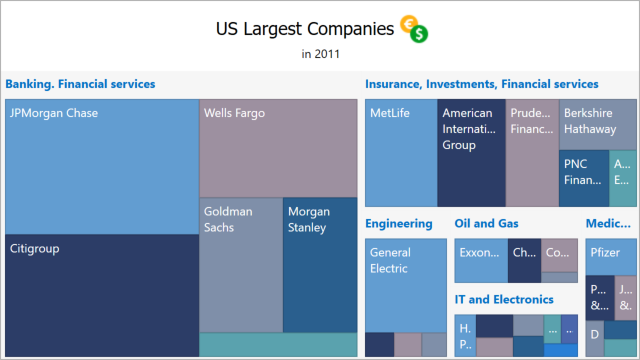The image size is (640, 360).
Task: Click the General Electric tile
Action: point(405,285)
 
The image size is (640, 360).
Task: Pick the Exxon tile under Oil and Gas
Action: point(481,254)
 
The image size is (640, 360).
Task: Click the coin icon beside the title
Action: point(414,30)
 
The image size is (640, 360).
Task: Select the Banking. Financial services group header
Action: point(81,85)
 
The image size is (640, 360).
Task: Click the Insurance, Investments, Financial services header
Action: point(481,85)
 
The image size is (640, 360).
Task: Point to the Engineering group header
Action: point(398,224)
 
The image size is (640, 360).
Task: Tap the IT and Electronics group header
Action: point(503,299)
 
